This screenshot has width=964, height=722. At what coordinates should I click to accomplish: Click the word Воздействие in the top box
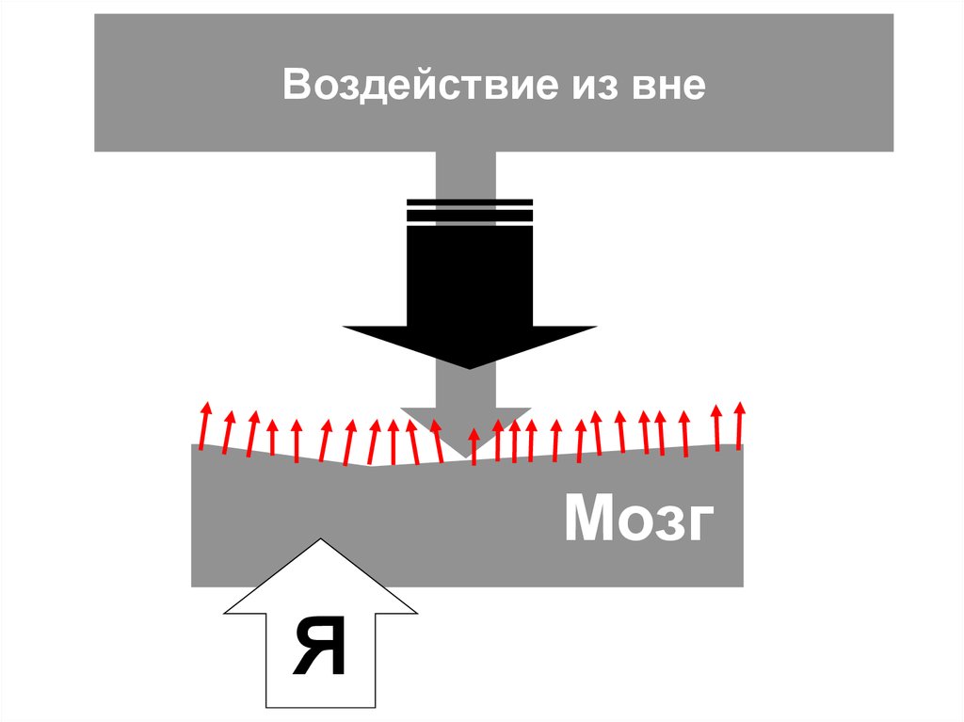[413, 87]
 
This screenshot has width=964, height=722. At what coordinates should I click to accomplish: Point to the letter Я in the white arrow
[320, 648]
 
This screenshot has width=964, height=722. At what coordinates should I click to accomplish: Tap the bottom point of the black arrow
[468, 367]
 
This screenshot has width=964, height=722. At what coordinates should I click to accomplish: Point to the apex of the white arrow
[321, 540]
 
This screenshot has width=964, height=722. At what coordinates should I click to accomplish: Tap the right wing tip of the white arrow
[415, 612]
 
